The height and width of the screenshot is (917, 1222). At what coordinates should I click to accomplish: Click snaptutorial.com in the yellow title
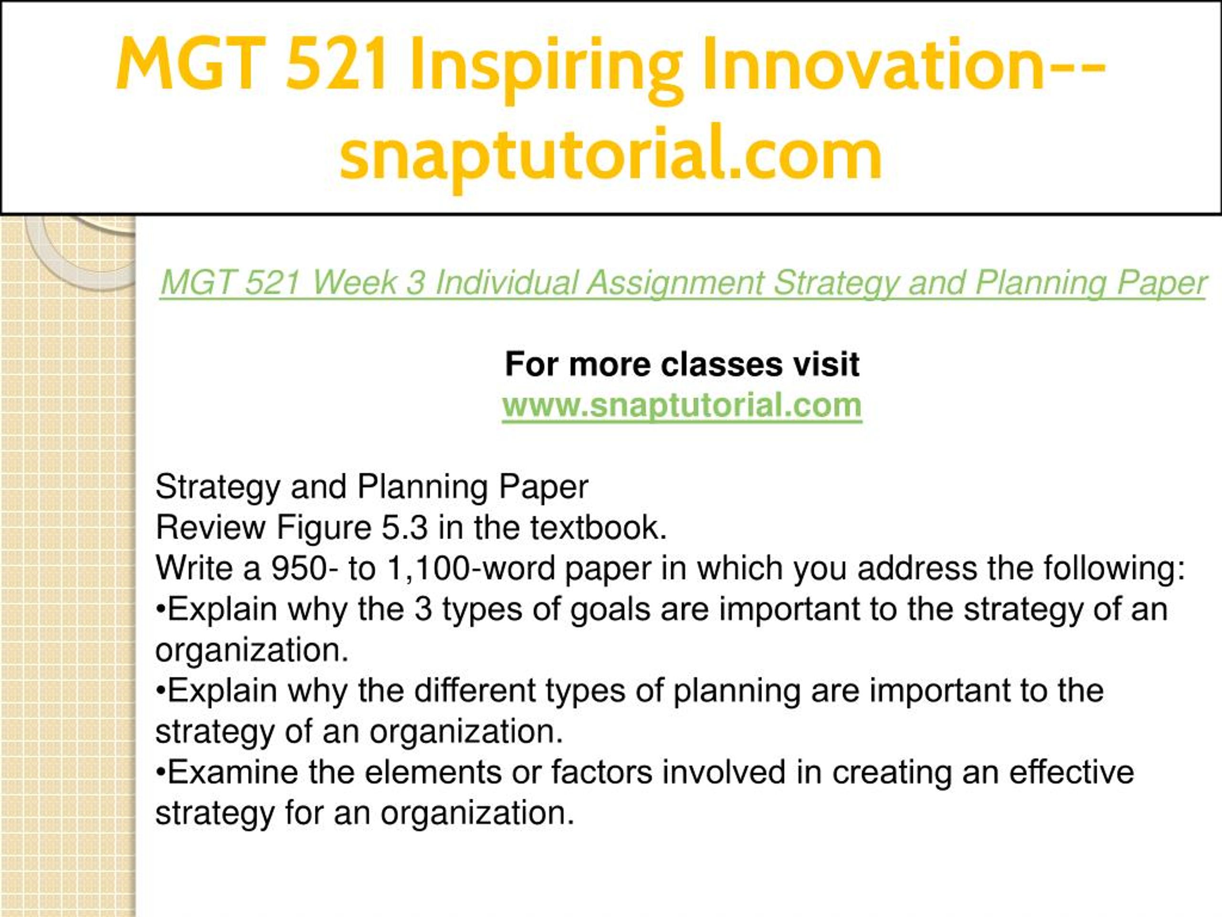pyautogui.click(x=611, y=154)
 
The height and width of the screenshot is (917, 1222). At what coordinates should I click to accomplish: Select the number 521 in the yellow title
pyautogui.click(x=337, y=63)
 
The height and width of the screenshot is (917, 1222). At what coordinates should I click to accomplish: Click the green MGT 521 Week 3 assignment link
pyautogui.click(x=682, y=283)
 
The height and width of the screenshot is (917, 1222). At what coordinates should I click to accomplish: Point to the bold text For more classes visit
pyautogui.click(x=682, y=364)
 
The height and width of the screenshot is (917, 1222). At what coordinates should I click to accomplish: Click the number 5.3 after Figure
pyautogui.click(x=404, y=527)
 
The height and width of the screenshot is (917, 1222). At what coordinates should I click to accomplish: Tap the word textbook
pyautogui.click(x=599, y=527)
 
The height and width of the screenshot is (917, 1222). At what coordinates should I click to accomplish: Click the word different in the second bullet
pyautogui.click(x=474, y=691)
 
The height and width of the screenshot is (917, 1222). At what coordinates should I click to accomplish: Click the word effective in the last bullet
pyautogui.click(x=1072, y=772)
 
